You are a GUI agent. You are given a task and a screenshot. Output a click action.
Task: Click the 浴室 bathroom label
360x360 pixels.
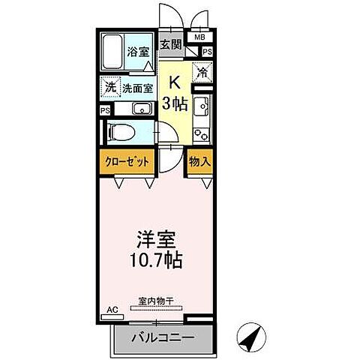[139, 52]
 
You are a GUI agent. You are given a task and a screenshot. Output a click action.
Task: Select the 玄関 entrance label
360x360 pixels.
[172, 44]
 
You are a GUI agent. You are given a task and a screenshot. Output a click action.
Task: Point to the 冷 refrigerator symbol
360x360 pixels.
[202, 71]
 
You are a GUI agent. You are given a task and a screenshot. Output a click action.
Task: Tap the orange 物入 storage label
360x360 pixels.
[199, 161]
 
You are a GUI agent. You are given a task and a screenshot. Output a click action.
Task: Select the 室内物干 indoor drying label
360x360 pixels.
[155, 301]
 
